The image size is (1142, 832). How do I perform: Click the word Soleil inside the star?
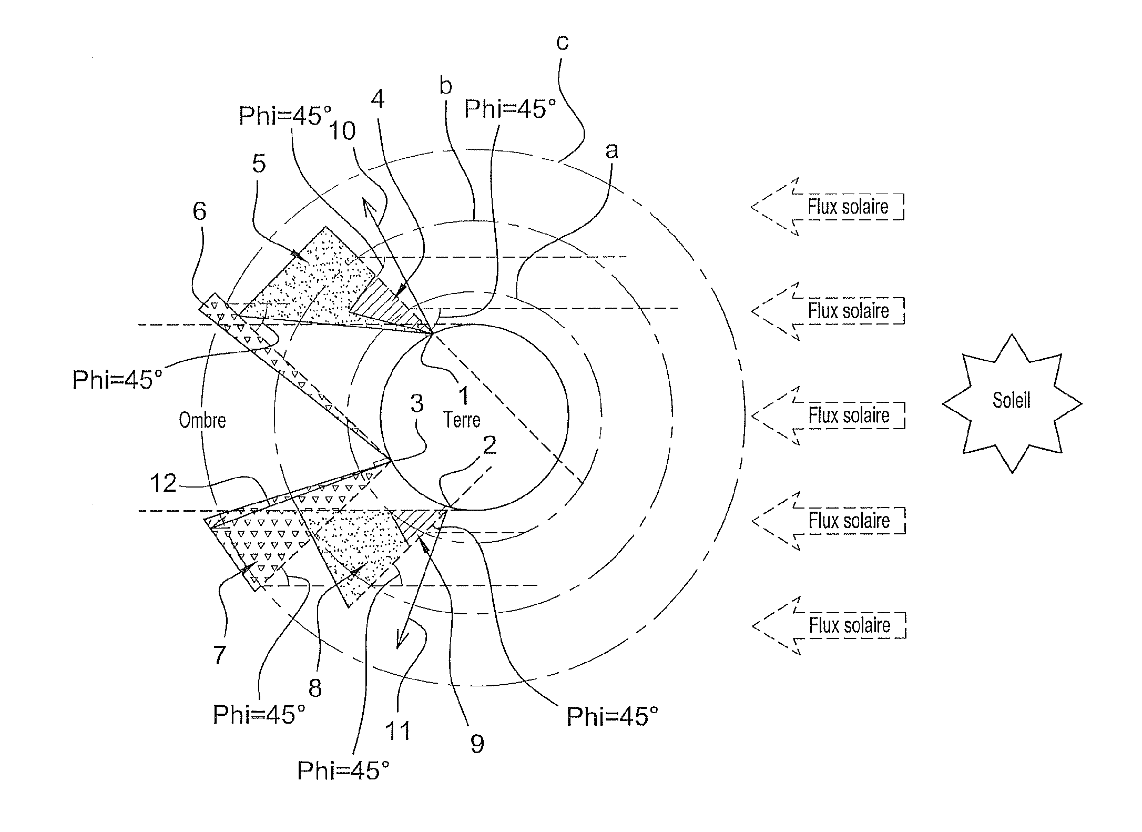[x=1011, y=401]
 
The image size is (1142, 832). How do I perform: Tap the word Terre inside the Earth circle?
[x=462, y=420]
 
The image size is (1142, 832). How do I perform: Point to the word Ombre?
[x=202, y=420]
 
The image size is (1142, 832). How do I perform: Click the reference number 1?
[x=463, y=395]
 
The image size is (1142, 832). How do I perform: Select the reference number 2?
[x=489, y=445]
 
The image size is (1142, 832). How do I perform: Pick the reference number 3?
[x=416, y=403]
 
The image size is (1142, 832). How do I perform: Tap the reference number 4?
[x=378, y=99]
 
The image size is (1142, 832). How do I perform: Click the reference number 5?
[x=259, y=164]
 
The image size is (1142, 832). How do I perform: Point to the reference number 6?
[x=200, y=211]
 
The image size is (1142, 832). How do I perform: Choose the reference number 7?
[x=219, y=655]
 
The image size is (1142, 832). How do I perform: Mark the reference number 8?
[x=315, y=687]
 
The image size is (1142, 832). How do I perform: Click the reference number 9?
[x=477, y=744]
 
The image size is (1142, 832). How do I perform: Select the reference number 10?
[x=342, y=131]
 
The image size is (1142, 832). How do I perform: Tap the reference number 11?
[x=397, y=731]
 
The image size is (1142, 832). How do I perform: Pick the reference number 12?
[x=163, y=483]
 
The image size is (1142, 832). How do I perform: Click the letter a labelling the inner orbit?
[x=611, y=151]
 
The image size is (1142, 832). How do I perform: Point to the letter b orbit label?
[x=446, y=86]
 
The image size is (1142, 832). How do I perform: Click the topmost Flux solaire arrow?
[x=828, y=207]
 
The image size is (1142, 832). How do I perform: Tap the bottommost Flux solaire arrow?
[x=829, y=625]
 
